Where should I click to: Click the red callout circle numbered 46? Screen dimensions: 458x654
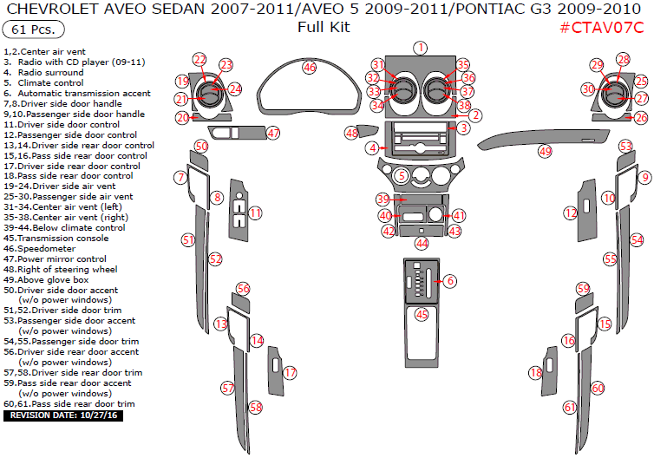click(x=310, y=67)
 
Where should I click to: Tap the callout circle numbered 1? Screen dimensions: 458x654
click(x=420, y=48)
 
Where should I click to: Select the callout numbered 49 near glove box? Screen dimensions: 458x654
click(x=545, y=151)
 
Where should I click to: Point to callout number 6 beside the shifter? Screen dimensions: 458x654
click(x=449, y=280)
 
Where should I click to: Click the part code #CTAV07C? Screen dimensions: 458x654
click(x=601, y=28)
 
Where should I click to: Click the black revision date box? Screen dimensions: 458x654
click(x=65, y=416)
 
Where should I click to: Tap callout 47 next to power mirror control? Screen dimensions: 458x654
click(x=273, y=133)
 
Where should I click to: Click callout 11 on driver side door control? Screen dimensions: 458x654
click(x=255, y=213)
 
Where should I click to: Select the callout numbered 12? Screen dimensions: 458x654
click(x=571, y=213)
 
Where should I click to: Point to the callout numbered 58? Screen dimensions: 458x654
click(x=255, y=407)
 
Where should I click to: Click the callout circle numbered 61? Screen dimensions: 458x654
click(x=570, y=407)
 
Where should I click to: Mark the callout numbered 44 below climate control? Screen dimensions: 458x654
click(x=422, y=244)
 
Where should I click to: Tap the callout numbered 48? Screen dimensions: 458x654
click(x=351, y=133)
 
